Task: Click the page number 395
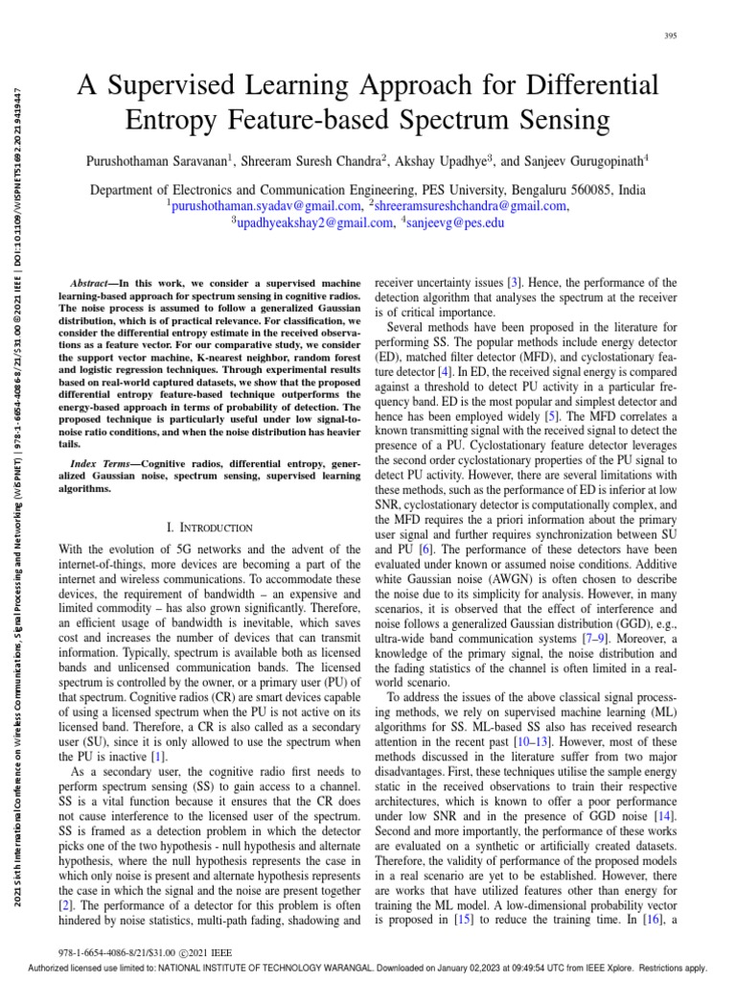click(x=670, y=36)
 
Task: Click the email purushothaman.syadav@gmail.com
click(x=266, y=205)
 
